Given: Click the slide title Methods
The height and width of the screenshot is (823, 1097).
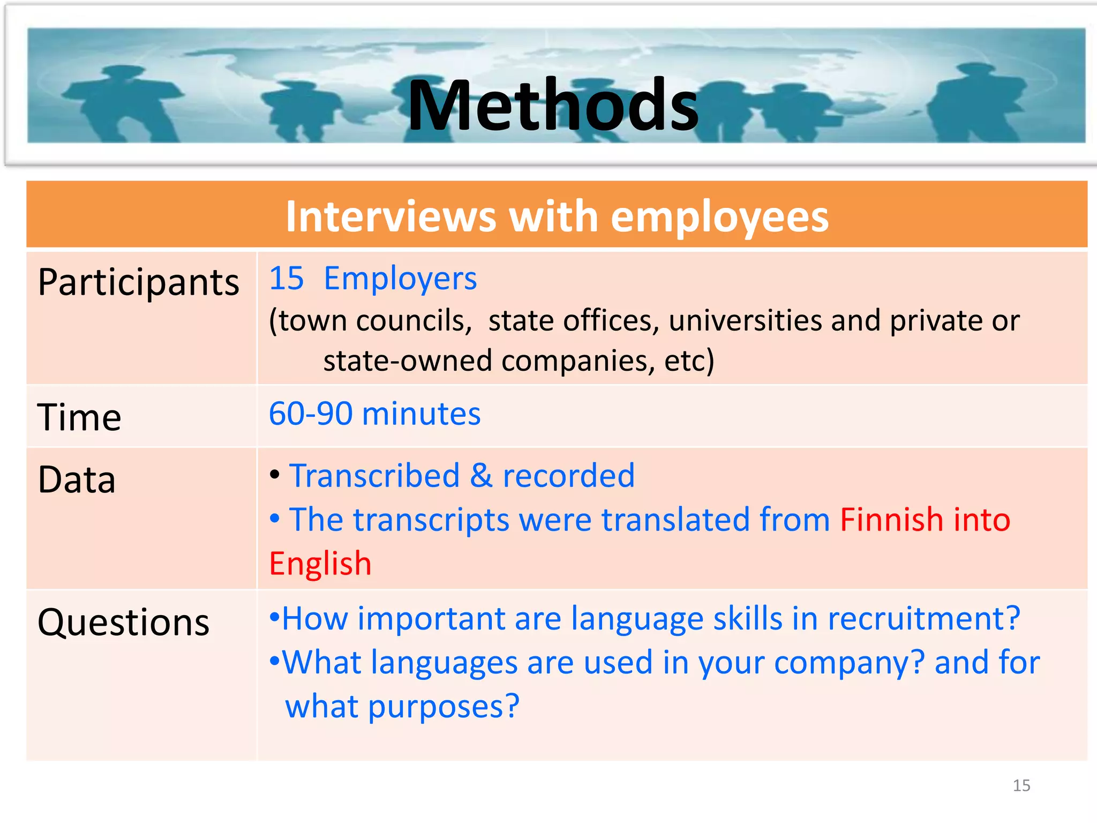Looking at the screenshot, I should (553, 105).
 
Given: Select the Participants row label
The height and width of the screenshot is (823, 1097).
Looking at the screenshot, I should (139, 283).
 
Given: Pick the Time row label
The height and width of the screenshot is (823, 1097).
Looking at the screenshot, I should (79, 417).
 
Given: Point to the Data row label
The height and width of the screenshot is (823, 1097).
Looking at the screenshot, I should (77, 480).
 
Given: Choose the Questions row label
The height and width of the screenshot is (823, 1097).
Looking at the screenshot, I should (124, 623).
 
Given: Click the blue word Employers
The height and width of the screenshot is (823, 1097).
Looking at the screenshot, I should (400, 279).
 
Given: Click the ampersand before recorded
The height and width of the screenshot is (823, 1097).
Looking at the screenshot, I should (481, 476).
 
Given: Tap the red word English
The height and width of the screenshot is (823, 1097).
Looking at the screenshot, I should (320, 564).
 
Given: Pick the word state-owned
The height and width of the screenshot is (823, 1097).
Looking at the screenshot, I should (408, 361).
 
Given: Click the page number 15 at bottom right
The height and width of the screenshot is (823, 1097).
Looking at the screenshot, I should (1021, 785).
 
